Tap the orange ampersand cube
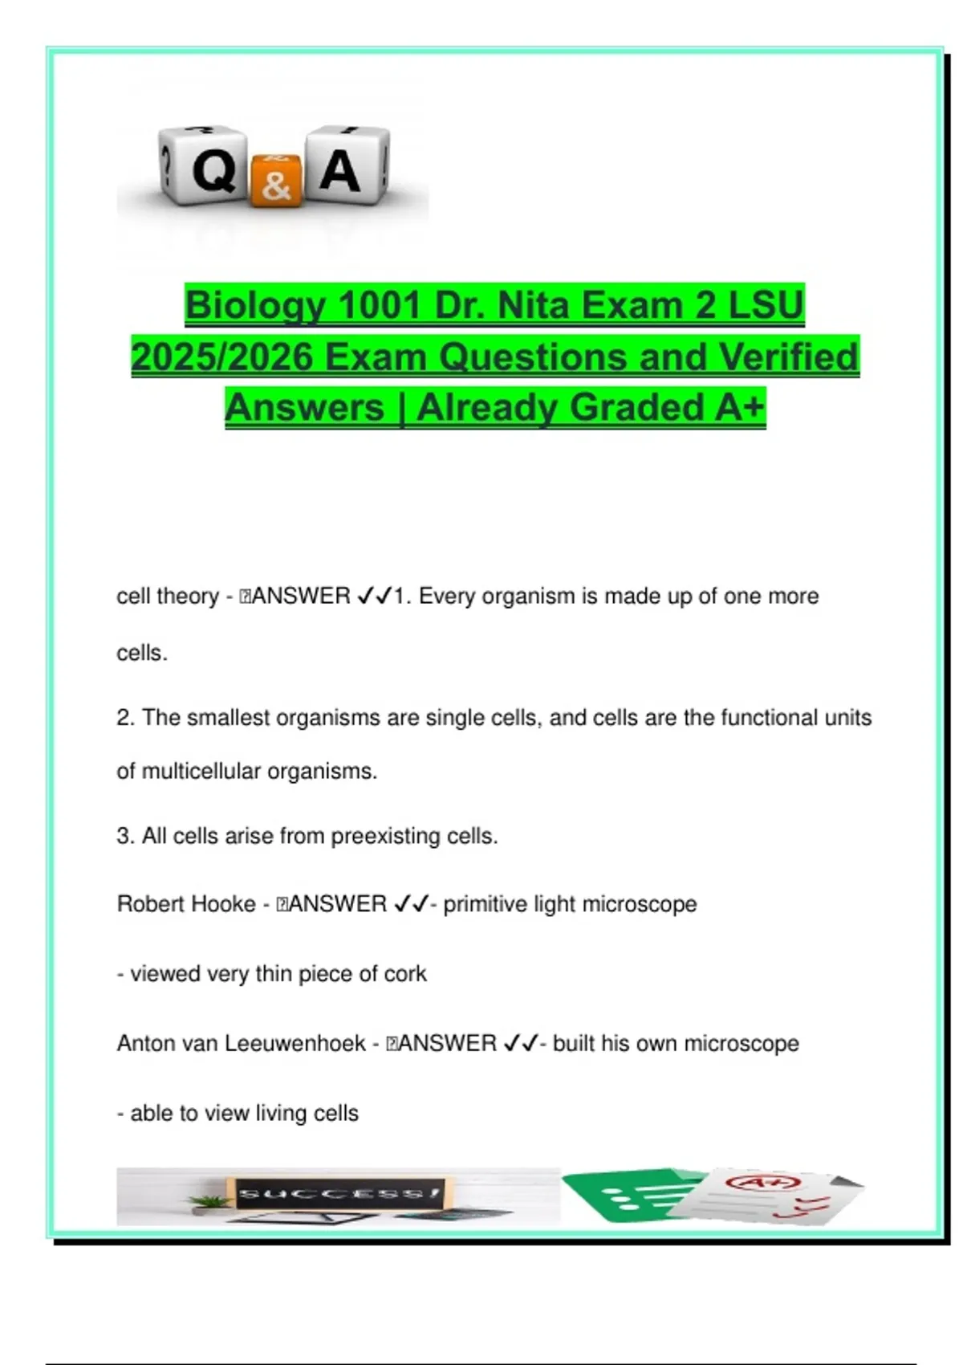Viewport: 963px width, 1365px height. click(275, 182)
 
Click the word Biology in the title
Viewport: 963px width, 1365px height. click(254, 306)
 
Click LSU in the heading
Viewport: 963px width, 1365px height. click(766, 306)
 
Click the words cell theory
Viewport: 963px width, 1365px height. click(168, 596)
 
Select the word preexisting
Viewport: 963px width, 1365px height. click(386, 836)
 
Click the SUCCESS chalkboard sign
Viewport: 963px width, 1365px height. click(337, 1194)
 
